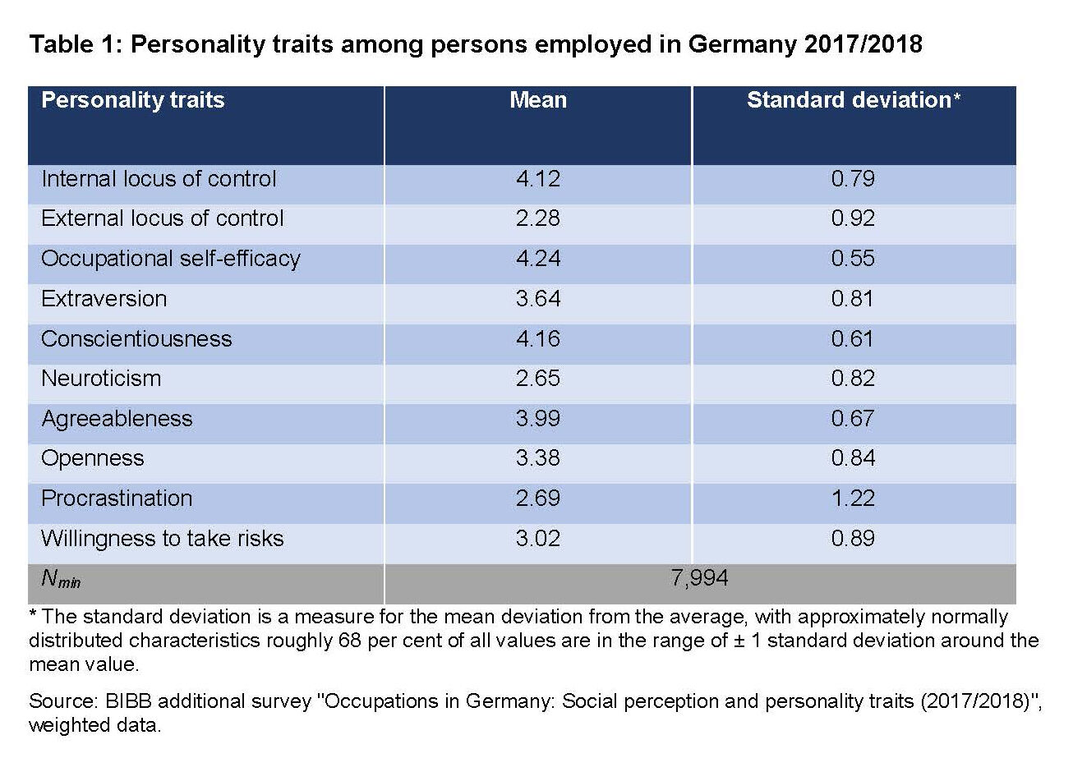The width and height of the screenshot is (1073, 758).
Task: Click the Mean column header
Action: point(538,101)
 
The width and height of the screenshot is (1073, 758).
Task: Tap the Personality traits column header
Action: point(133,101)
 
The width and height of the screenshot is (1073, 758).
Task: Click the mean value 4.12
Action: point(538,179)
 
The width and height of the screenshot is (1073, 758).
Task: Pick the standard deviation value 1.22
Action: point(853,498)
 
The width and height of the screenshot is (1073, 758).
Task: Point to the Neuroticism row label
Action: point(101,379)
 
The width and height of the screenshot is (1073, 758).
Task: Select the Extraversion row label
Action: point(104,299)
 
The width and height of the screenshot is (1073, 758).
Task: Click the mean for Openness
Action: point(538,458)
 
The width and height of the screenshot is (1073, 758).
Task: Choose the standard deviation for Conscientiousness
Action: point(853,339)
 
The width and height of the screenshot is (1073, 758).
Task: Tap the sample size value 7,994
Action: point(699,579)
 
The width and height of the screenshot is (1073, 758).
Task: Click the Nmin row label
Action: point(61,580)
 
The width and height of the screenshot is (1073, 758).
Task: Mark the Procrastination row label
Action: point(117,498)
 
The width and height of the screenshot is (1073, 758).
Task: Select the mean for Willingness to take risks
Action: point(538,539)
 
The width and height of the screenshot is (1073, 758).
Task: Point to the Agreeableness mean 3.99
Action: point(538,419)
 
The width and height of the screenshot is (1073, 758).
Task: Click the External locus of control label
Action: point(163,218)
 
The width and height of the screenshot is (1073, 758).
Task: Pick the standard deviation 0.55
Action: point(853,259)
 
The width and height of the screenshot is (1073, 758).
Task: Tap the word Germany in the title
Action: point(738,45)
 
